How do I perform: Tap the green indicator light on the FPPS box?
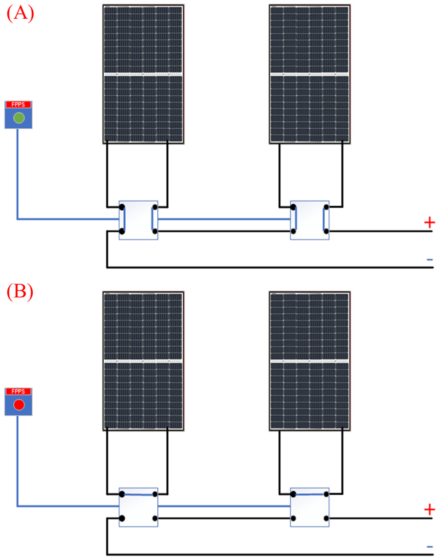19,118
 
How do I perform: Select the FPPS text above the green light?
18,104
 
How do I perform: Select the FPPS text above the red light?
18,391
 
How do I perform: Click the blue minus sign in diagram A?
429,260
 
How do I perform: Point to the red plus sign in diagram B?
429,510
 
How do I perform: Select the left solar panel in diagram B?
143,361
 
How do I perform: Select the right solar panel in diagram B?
310,361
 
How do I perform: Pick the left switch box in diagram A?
138,220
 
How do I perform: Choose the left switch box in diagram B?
138,507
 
